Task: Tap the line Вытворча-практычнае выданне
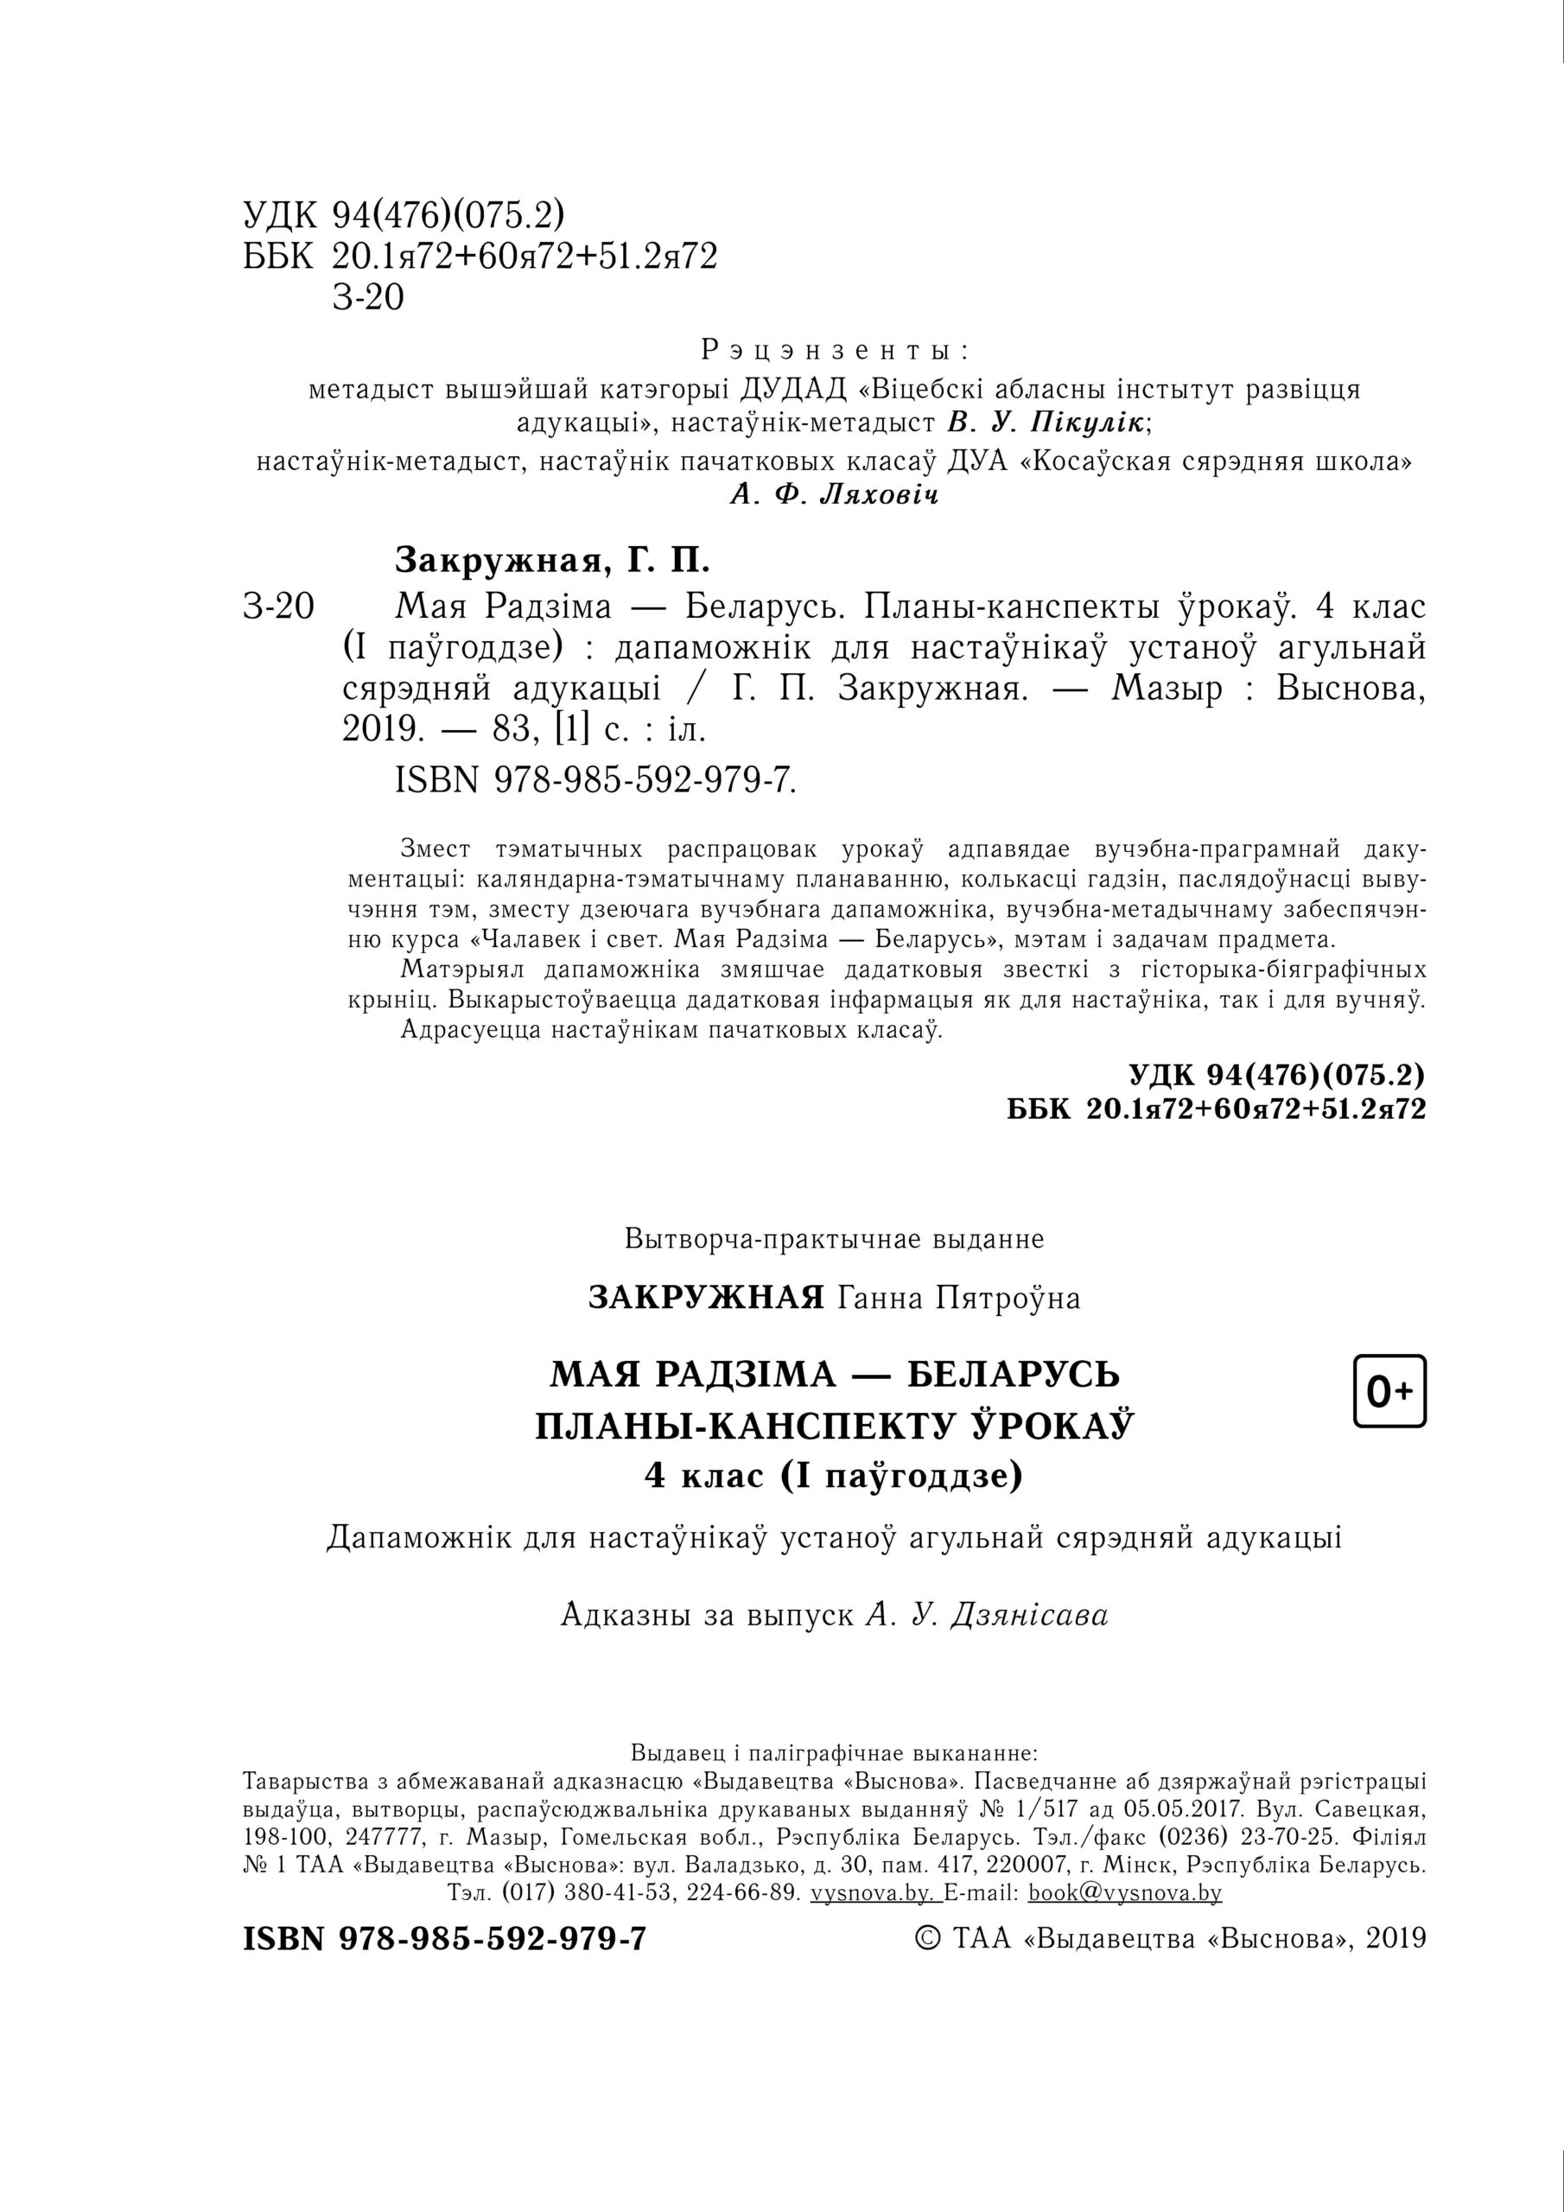(834, 1238)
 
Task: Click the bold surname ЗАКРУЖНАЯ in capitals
(706, 1298)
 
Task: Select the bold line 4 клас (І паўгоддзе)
(834, 1475)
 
